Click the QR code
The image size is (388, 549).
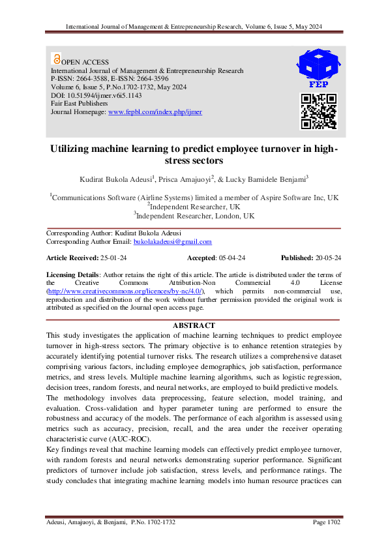[x=318, y=111]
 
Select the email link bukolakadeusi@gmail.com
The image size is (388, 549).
[x=172, y=242]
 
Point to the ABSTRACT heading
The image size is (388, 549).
[x=193, y=325]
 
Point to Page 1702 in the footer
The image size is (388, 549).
[x=327, y=522]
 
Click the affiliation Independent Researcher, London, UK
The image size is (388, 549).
[x=195, y=216]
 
